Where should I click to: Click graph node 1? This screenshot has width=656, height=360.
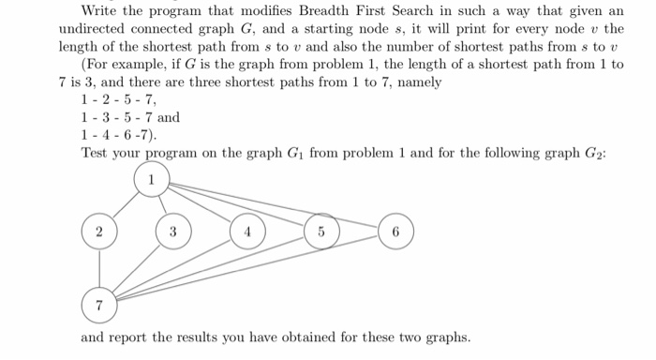[152, 178]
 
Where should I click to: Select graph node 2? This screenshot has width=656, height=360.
[98, 231]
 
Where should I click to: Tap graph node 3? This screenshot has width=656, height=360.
[171, 231]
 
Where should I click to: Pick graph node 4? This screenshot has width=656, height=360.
[247, 231]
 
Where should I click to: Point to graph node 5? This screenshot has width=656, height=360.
[321, 231]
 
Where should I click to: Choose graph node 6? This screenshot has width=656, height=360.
[395, 231]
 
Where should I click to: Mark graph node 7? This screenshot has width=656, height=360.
[98, 304]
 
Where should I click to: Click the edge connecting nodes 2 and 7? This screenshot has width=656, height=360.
[98, 267]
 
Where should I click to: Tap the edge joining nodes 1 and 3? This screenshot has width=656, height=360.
[162, 204]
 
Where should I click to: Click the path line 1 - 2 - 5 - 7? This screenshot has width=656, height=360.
[119, 100]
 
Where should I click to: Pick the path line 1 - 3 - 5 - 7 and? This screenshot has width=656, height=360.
[130, 118]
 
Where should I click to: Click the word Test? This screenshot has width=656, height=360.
[96, 153]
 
